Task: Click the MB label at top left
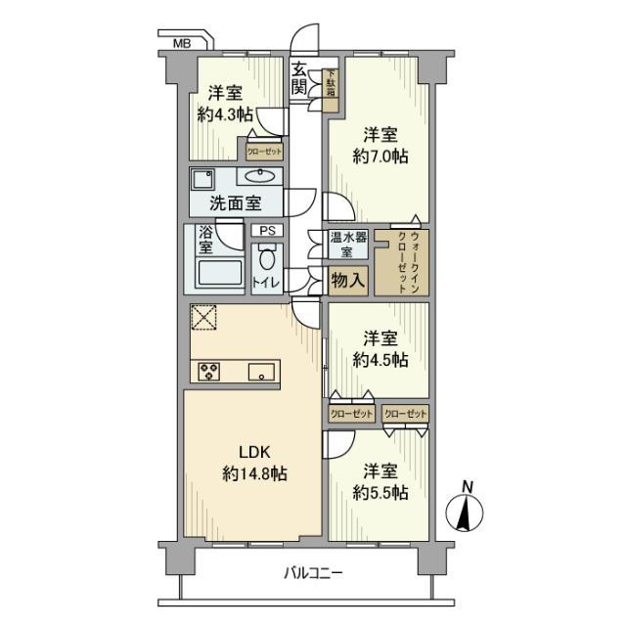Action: pyautogui.click(x=182, y=44)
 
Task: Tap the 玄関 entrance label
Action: pyautogui.click(x=299, y=79)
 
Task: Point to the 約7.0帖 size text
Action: pyautogui.click(x=380, y=156)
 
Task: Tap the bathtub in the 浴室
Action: pyautogui.click(x=220, y=272)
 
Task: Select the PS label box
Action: pyautogui.click(x=266, y=231)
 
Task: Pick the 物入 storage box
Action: pyautogui.click(x=348, y=280)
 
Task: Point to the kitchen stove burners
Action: pyautogui.click(x=209, y=370)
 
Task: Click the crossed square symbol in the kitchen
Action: pyautogui.click(x=203, y=319)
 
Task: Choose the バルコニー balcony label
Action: pyautogui.click(x=313, y=574)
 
